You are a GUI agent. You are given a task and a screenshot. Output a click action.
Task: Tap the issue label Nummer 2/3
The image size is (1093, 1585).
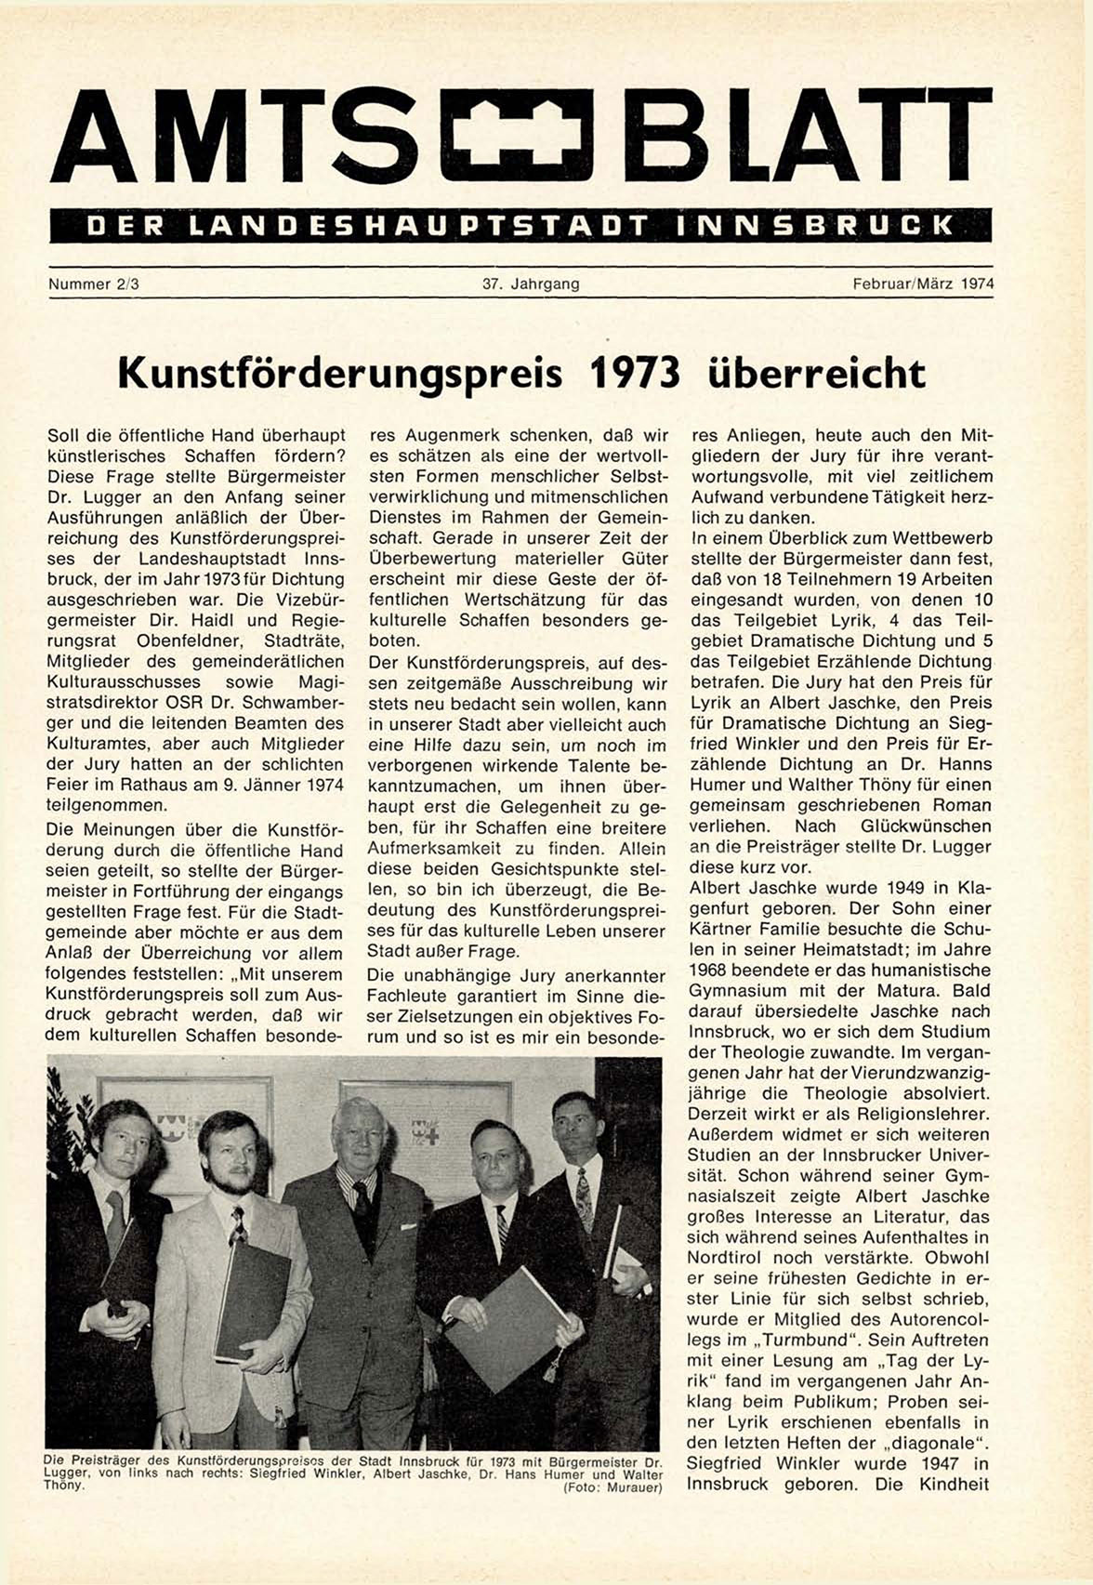(x=93, y=284)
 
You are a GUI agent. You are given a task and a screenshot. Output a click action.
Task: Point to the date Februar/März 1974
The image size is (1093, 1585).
(x=923, y=284)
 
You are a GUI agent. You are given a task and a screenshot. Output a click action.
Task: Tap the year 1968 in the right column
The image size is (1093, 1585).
(x=710, y=971)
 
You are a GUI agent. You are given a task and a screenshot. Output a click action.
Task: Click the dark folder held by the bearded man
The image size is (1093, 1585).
(x=252, y=1301)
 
